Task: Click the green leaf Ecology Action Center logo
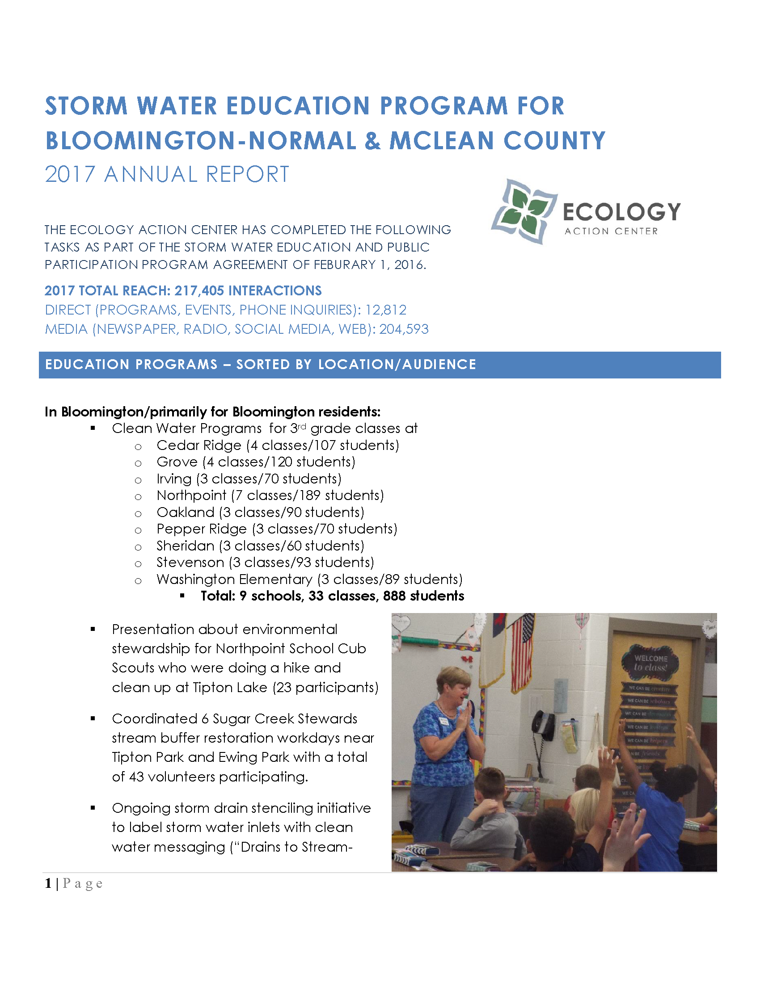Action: tap(525, 211)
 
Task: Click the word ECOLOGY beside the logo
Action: tap(622, 212)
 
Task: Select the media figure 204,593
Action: tap(404, 329)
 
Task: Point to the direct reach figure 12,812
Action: tap(386, 310)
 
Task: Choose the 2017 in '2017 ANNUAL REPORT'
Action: tap(70, 175)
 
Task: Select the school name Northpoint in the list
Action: tap(191, 496)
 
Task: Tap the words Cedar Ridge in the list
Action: tap(199, 445)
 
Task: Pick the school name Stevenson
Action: tap(190, 563)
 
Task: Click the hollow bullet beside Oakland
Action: tap(138, 513)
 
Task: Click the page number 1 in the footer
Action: tap(48, 883)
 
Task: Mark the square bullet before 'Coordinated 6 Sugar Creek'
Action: tap(93, 718)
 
